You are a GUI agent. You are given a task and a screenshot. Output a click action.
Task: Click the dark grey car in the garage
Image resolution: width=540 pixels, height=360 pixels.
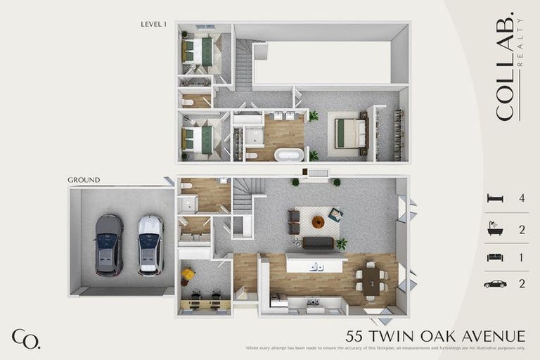point(108,245)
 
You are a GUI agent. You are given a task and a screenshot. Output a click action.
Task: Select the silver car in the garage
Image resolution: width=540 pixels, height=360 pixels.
point(150,245)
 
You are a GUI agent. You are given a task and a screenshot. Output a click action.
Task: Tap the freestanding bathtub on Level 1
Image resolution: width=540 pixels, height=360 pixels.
point(288,155)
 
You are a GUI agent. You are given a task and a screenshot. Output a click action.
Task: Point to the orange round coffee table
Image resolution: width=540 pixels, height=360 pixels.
point(317,222)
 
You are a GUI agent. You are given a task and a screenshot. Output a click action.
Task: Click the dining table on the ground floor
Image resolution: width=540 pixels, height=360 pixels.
point(371,279)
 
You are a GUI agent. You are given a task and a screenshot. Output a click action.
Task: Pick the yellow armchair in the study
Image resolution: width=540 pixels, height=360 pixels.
point(188,274)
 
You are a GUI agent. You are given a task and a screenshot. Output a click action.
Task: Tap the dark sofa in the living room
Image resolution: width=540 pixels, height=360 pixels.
point(319,243)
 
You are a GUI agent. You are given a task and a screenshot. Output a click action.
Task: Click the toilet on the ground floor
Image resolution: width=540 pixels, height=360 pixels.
point(187,186)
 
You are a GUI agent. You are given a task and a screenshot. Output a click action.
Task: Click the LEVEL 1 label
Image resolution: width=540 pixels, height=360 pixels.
point(154,24)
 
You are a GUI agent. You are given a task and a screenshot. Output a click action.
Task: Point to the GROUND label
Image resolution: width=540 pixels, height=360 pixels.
point(84,180)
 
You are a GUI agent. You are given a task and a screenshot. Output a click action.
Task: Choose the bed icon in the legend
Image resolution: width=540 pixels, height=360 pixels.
point(495,199)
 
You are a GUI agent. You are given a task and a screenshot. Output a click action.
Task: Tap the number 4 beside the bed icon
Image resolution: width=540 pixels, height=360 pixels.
point(522,199)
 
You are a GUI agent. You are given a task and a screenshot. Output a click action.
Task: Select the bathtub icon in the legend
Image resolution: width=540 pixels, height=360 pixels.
point(495,229)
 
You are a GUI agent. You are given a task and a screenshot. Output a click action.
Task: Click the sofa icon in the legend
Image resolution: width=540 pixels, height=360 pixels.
point(495,257)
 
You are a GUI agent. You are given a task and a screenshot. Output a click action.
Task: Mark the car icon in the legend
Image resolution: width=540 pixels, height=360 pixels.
point(495,283)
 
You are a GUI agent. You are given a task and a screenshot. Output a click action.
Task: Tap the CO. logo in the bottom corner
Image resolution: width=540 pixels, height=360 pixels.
point(25,338)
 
